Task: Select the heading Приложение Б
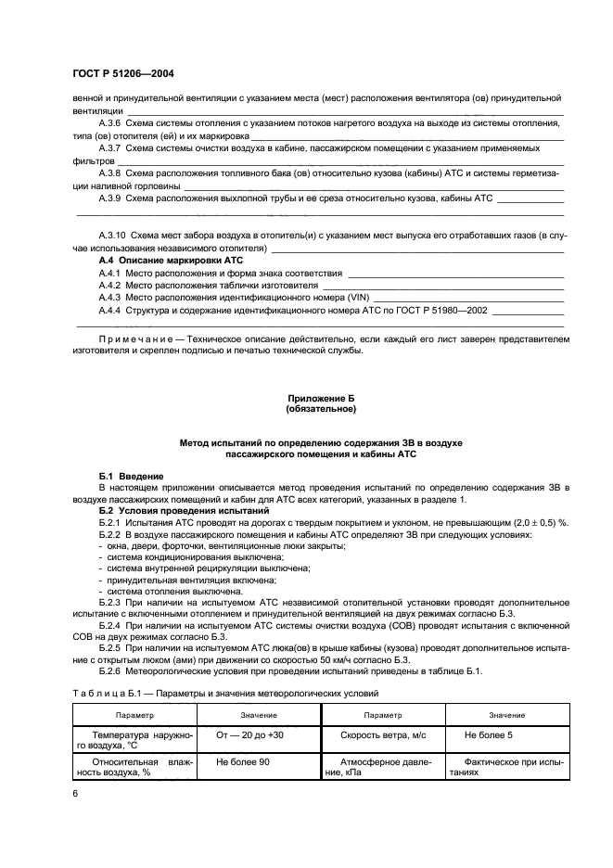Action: pyautogui.click(x=320, y=398)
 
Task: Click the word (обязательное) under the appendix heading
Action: pyautogui.click(x=320, y=408)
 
